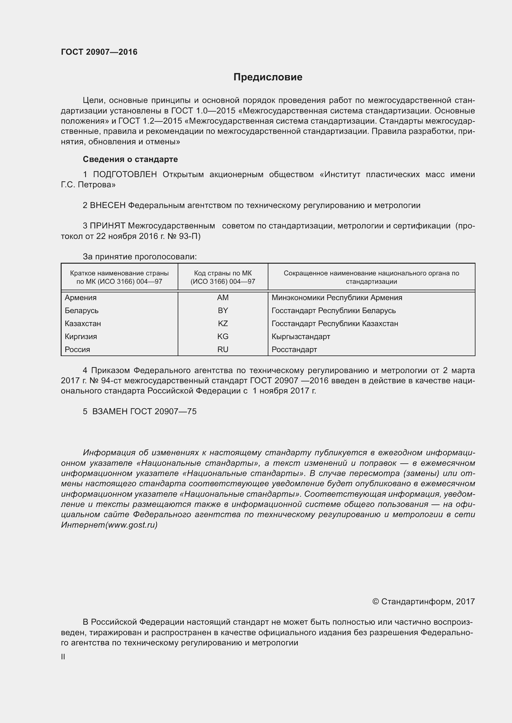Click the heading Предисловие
click(x=268, y=77)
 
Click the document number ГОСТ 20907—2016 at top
click(x=99, y=52)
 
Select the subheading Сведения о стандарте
click(x=130, y=159)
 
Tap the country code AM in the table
click(x=223, y=298)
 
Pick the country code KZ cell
click(x=223, y=323)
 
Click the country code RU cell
click(x=223, y=349)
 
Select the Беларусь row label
click(x=82, y=310)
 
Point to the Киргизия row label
click(x=81, y=336)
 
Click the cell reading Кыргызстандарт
click(x=301, y=336)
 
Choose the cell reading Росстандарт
click(x=294, y=349)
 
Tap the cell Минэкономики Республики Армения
click(x=337, y=298)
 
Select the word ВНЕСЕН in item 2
click(x=107, y=205)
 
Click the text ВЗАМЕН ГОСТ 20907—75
click(x=144, y=411)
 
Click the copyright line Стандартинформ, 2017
click(x=423, y=602)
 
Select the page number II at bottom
click(x=63, y=657)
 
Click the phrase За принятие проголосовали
click(x=140, y=257)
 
